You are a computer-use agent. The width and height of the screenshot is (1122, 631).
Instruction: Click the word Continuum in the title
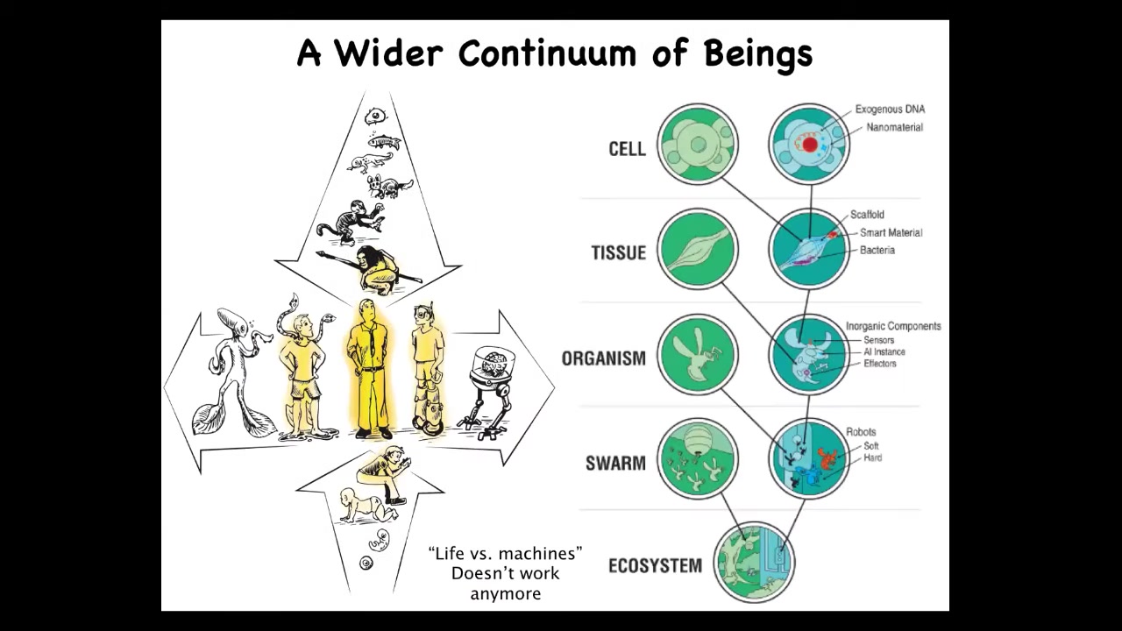547,53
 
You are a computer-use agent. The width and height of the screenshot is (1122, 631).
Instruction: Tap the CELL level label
627,149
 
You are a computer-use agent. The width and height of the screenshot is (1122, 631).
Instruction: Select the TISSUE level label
619,252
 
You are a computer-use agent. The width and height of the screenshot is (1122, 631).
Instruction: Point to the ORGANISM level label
604,358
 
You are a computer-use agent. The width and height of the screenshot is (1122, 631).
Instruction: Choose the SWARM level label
615,464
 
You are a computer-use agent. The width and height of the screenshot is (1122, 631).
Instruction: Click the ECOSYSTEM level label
655,566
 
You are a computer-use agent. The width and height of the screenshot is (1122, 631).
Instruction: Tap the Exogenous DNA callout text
890,110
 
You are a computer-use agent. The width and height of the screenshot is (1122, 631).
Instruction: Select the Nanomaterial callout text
895,127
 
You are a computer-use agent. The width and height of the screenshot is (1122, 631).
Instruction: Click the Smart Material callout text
891,232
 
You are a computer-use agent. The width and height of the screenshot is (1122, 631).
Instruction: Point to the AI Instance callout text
884,351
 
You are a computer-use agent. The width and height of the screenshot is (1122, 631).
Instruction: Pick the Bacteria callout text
877,250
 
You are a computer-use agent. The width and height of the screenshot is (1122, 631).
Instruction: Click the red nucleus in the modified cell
810,145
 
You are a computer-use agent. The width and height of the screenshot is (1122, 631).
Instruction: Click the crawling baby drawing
368,506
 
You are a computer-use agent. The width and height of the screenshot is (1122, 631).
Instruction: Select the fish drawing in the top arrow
384,142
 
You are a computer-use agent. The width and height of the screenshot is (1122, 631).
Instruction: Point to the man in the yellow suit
370,368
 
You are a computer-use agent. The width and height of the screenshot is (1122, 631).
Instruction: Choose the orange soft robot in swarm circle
827,458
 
